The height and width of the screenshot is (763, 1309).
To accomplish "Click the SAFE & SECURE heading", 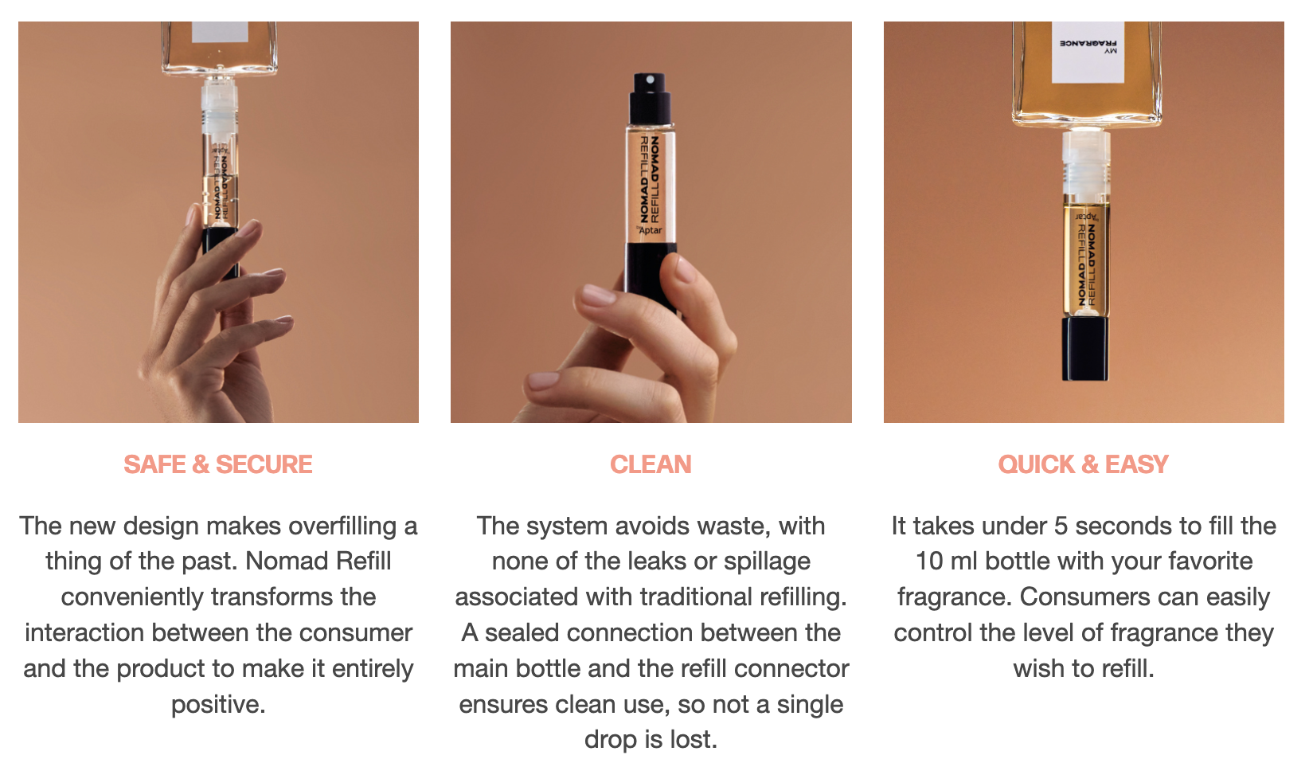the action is [218, 464].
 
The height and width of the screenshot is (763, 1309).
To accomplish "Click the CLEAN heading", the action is [651, 464].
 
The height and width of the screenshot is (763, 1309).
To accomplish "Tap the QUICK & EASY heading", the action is [1083, 464].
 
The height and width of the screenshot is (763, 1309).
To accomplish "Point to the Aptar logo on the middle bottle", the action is [650, 230].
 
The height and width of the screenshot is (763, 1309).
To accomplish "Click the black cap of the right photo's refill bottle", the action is [1085, 349].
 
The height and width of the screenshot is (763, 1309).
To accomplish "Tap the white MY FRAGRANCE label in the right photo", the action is [1088, 52].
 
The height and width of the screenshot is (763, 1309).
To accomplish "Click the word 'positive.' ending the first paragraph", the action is [218, 704].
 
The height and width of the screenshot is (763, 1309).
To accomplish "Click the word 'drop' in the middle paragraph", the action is [611, 740].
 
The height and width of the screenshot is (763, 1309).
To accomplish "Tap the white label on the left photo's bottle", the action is [220, 32].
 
